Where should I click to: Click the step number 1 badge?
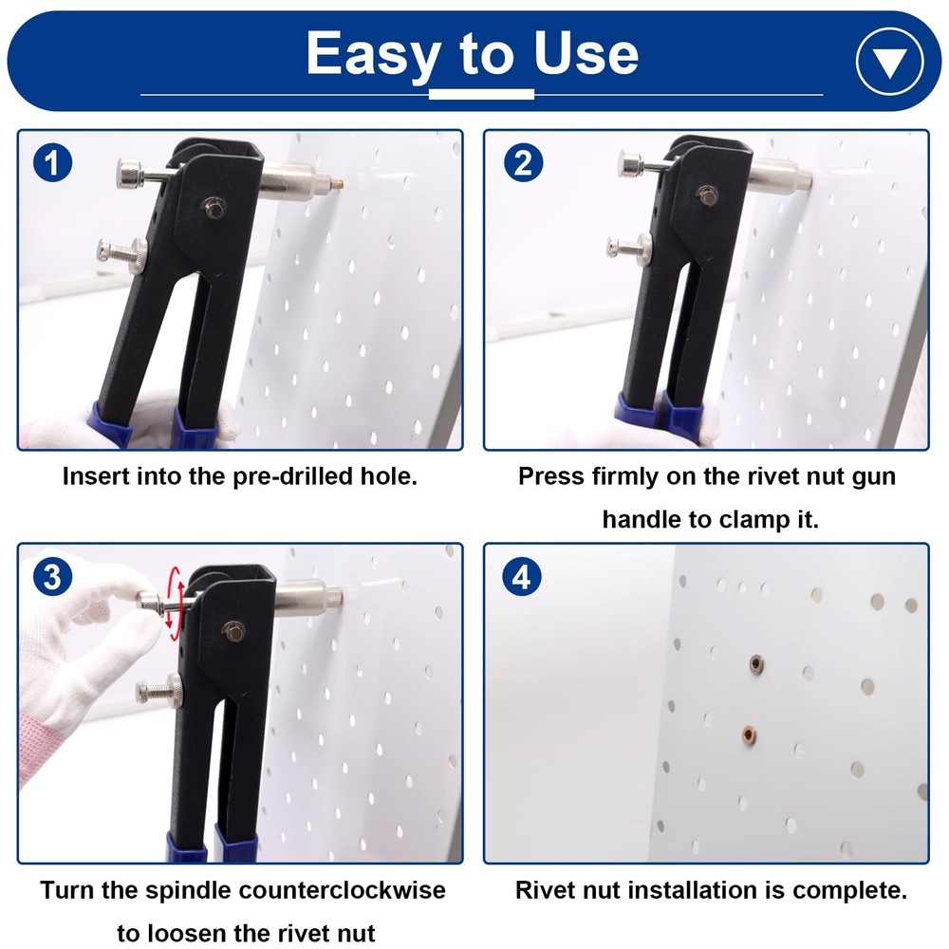coord(52,163)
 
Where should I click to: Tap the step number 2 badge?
coord(521,163)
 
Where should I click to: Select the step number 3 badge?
coord(52,576)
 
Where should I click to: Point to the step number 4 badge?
coord(521,576)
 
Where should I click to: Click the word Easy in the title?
coord(370,53)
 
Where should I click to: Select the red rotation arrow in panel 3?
coord(174,603)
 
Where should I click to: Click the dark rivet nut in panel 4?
coord(756,662)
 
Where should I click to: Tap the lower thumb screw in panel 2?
coord(630,248)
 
